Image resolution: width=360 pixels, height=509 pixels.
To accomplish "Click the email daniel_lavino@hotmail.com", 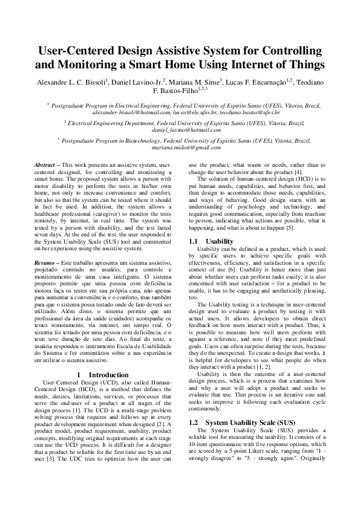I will point(180,130).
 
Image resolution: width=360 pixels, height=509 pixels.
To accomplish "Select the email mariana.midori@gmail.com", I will point(180,148).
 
